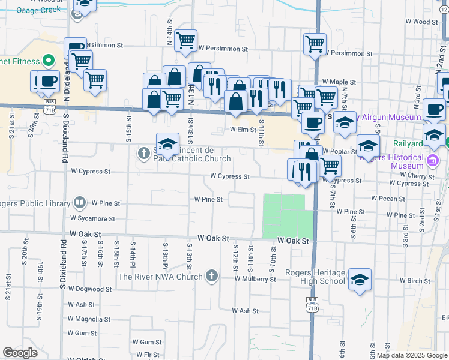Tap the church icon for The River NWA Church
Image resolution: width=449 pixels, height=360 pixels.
coord(211,277)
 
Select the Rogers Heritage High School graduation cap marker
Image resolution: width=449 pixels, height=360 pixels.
coord(360,280)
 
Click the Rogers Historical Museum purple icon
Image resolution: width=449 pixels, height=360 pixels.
coord(430,160)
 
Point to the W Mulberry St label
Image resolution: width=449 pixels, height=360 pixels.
coord(255,279)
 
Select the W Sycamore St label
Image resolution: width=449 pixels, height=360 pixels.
coord(92,219)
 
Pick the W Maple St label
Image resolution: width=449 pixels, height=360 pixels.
coord(339,82)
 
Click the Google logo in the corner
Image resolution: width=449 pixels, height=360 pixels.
coord(20,353)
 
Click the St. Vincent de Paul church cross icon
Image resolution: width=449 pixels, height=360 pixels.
coord(143,154)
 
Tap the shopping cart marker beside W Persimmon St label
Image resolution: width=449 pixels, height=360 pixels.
coord(186,40)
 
